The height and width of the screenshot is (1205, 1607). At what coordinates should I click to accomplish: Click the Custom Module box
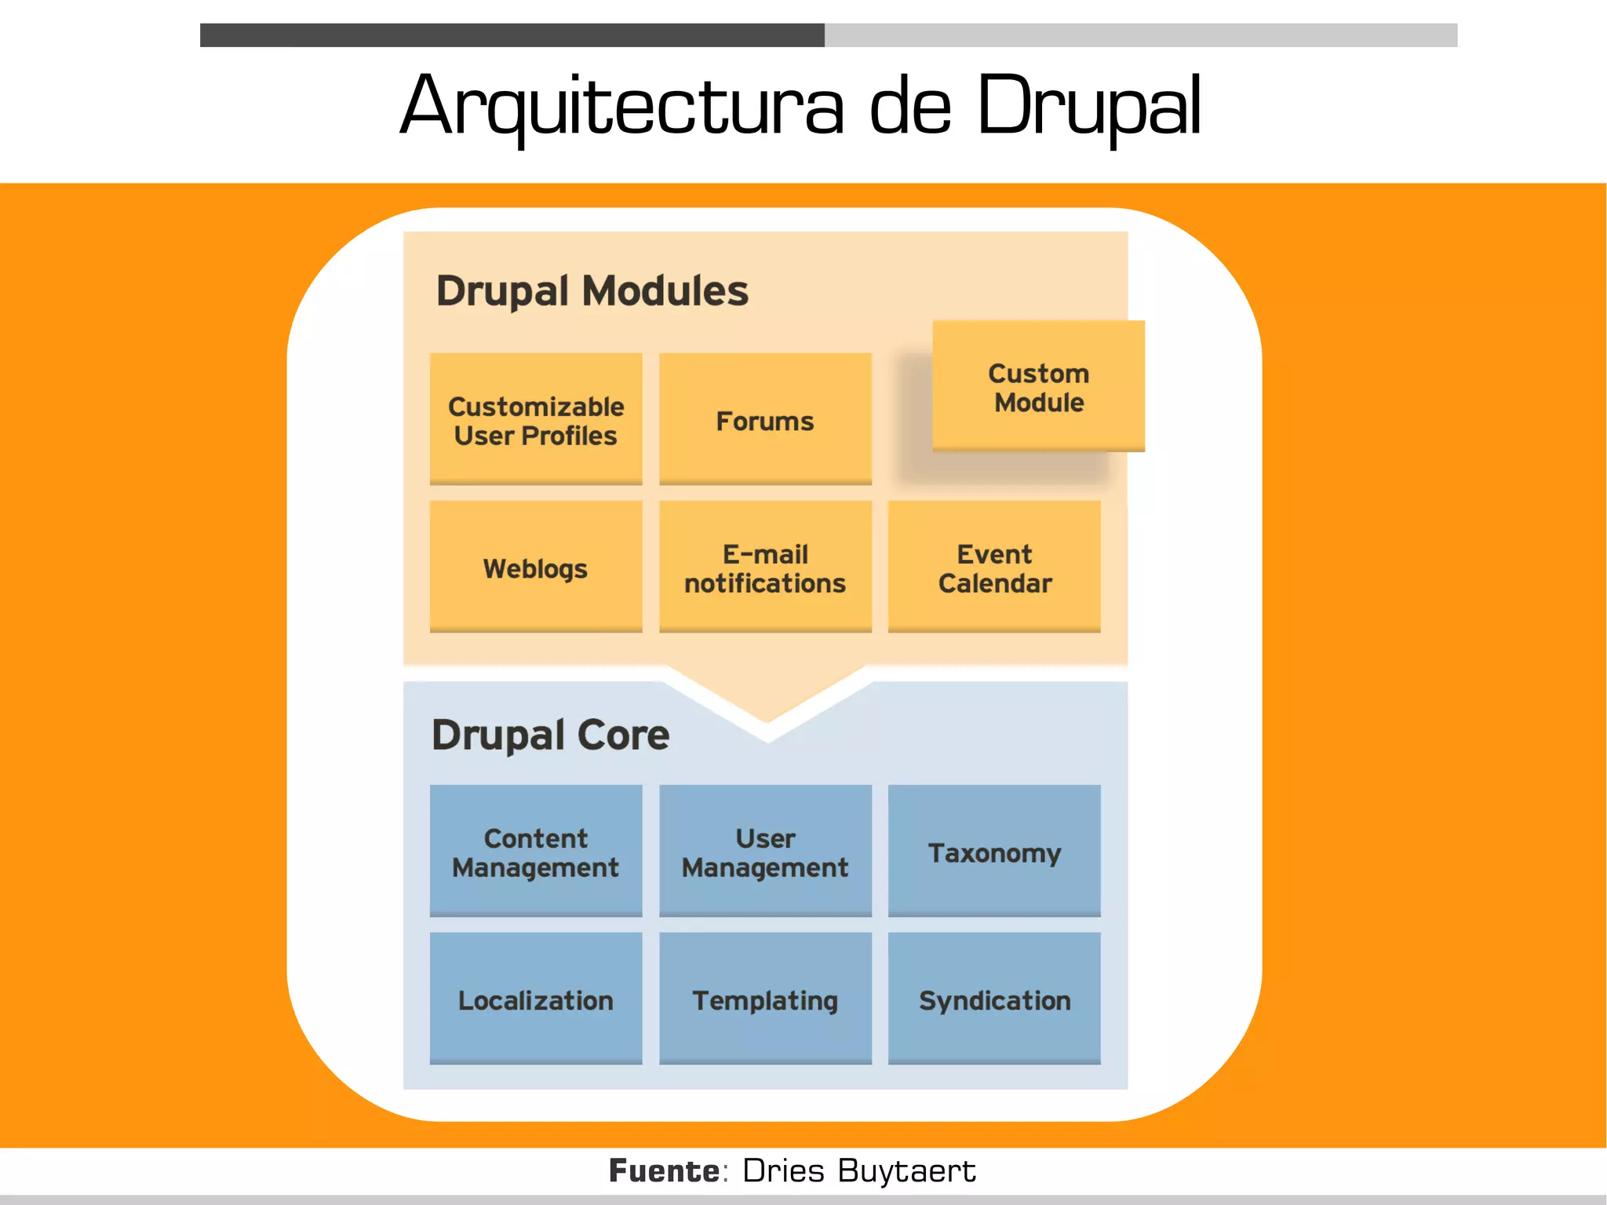(x=1038, y=386)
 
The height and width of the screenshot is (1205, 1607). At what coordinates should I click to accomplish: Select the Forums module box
(x=765, y=419)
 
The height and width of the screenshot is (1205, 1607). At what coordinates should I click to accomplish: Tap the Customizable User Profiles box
(x=536, y=419)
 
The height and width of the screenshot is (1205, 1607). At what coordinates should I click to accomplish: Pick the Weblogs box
(x=536, y=567)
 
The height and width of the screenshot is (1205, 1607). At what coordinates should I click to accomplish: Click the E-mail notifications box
(x=765, y=567)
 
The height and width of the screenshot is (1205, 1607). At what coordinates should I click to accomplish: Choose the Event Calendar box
(x=994, y=567)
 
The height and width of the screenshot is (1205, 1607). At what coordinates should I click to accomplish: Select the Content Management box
(x=536, y=851)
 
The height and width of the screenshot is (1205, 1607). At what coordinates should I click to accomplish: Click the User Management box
(x=765, y=851)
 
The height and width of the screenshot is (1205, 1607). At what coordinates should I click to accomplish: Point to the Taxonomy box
(x=994, y=851)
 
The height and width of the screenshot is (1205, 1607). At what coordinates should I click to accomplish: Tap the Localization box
(x=536, y=999)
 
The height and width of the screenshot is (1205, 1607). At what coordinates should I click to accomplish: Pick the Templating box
(x=765, y=999)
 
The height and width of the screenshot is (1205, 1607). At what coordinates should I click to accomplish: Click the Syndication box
(x=994, y=999)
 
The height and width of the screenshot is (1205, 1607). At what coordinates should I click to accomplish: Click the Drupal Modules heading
(x=592, y=291)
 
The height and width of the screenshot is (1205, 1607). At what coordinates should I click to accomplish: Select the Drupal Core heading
(x=550, y=736)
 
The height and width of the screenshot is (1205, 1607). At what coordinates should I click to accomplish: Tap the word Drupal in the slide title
(x=1088, y=106)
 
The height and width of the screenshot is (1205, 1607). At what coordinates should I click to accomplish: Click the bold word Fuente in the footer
(x=664, y=1170)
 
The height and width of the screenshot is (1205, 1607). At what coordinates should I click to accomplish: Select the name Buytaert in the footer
(x=906, y=1170)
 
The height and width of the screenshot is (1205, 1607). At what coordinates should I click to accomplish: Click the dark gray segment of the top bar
(x=512, y=35)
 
